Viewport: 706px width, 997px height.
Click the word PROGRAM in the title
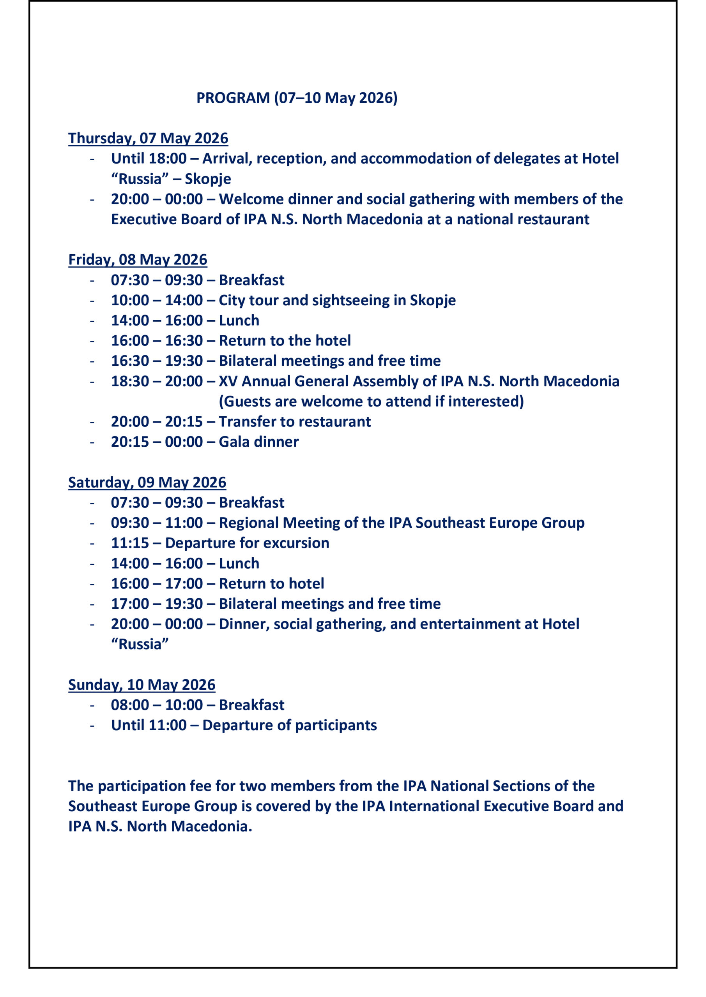(233, 98)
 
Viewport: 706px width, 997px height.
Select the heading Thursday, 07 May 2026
(148, 139)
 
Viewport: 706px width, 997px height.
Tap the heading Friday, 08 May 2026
(137, 260)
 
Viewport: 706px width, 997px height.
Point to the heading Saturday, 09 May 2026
(147, 483)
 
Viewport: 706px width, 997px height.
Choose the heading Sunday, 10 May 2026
(142, 685)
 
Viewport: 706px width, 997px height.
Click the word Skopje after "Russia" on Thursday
(208, 179)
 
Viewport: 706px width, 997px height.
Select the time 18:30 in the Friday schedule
(129, 381)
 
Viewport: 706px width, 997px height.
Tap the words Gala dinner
(259, 442)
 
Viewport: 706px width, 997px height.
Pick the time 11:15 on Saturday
(129, 543)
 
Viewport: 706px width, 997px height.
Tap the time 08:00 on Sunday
(129, 705)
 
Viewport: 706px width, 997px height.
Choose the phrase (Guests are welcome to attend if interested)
(371, 402)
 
